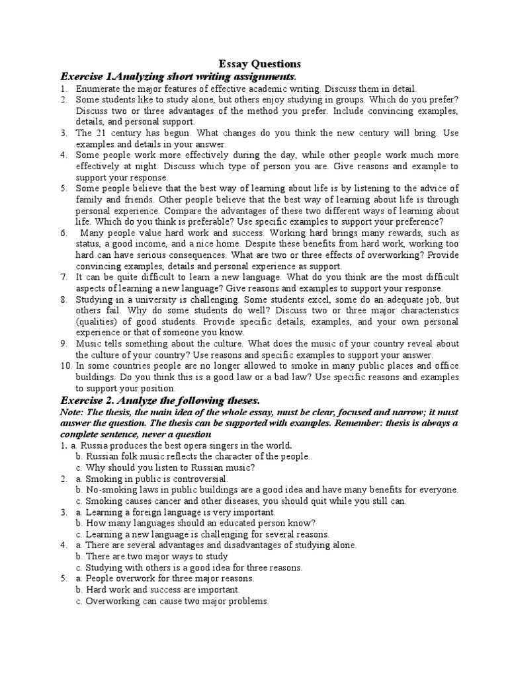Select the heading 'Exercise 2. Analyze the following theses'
(x=160, y=401)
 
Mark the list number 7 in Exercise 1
(x=63, y=278)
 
